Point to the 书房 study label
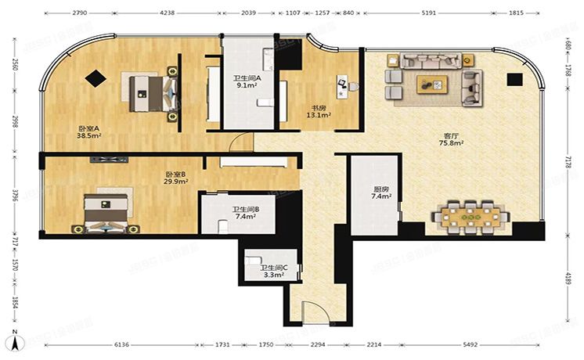point(319,108)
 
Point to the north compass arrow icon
point(13,341)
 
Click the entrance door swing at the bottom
point(315,312)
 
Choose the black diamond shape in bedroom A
point(97,77)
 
